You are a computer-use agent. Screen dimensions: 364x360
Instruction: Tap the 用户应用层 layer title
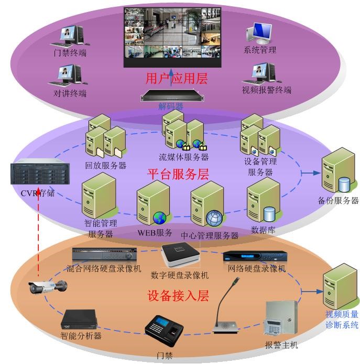tap(177, 79)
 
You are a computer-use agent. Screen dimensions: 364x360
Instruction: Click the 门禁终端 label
tap(70, 53)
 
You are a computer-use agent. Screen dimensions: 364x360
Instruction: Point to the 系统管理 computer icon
tap(258, 34)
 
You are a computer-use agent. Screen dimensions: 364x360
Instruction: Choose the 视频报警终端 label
tap(266, 90)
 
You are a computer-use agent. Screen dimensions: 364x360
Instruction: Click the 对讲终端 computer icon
tap(67, 75)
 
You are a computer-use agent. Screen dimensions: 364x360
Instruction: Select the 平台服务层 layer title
tap(178, 174)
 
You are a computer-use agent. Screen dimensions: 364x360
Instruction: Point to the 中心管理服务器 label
tap(210, 235)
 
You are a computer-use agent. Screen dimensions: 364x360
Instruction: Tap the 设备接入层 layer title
tap(179, 295)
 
